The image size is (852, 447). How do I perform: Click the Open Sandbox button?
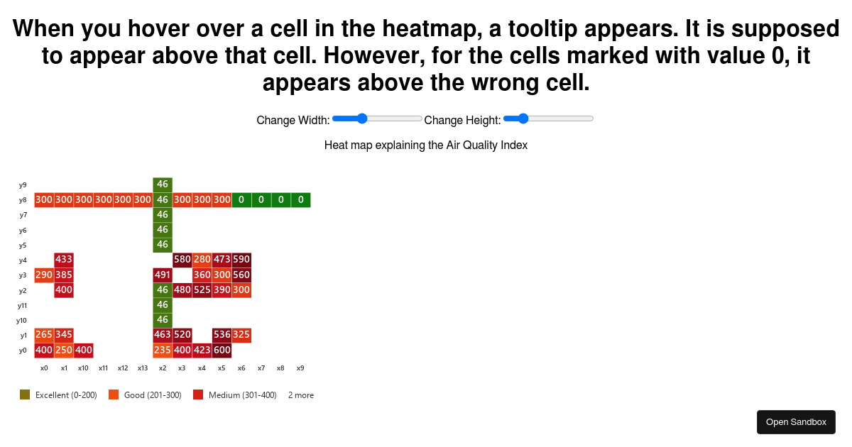pyautogui.click(x=796, y=422)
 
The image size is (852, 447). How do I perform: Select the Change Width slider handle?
pyautogui.click(x=362, y=118)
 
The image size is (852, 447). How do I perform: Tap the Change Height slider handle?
pyautogui.click(x=523, y=118)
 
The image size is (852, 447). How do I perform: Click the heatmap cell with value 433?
pyautogui.click(x=64, y=260)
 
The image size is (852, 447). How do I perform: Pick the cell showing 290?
pyautogui.click(x=44, y=275)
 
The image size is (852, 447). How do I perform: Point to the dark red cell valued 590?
pyautogui.click(x=241, y=260)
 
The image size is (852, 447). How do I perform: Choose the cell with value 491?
pyautogui.click(x=163, y=275)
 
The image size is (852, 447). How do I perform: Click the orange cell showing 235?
pyautogui.click(x=163, y=350)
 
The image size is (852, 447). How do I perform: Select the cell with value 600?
pyautogui.click(x=222, y=350)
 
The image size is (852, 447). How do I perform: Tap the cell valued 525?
pyautogui.click(x=202, y=290)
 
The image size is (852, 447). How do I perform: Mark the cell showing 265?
pyautogui.click(x=44, y=335)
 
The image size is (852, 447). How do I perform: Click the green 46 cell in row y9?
pyautogui.click(x=163, y=184)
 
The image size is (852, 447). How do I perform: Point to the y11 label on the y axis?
pyautogui.click(x=23, y=306)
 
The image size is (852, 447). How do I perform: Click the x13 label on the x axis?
pyautogui.click(x=143, y=368)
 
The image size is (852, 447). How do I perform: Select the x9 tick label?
pyautogui.click(x=300, y=368)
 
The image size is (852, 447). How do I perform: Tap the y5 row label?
pyautogui.click(x=23, y=245)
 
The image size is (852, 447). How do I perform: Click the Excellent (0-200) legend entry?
pyautogui.click(x=59, y=395)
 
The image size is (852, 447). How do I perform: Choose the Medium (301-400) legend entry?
pyautogui.click(x=234, y=395)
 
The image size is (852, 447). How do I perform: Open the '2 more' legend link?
pyautogui.click(x=300, y=395)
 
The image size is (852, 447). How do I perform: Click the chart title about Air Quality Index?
pyautogui.click(x=425, y=145)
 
